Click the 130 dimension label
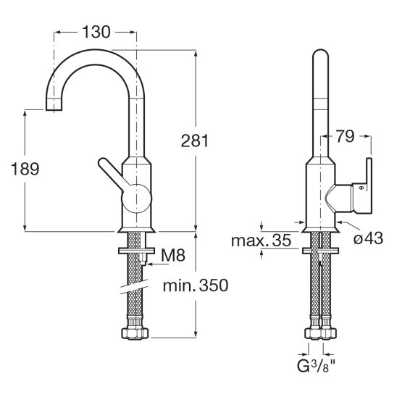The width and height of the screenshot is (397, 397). [x=96, y=32]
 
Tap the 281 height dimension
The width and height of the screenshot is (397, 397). [x=194, y=141]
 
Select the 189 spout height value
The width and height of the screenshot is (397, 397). [x=25, y=169]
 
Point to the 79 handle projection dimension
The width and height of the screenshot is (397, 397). [x=345, y=136]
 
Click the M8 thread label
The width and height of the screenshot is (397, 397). [x=173, y=255]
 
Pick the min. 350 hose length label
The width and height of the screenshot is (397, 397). [x=196, y=285]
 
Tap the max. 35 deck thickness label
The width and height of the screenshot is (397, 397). [x=261, y=241]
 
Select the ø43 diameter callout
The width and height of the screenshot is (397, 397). [x=369, y=238]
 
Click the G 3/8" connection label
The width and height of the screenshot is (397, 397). [x=316, y=366]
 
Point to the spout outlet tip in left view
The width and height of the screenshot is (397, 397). [x=54, y=105]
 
